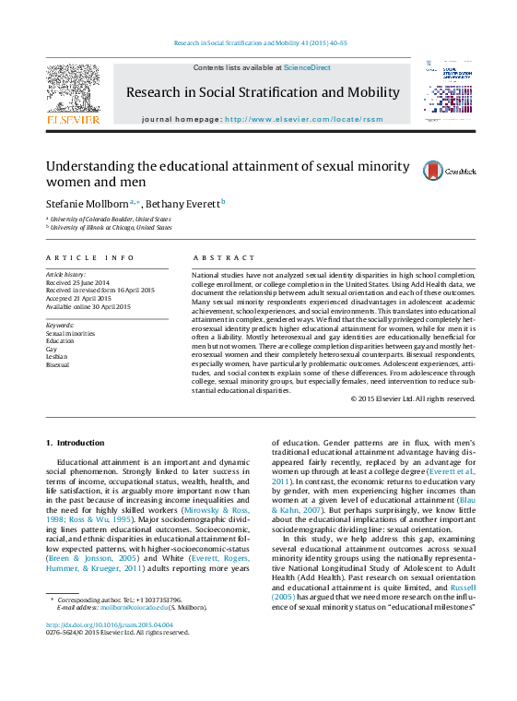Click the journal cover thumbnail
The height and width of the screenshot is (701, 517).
[450, 92]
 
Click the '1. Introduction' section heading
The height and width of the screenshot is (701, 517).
[76, 443]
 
